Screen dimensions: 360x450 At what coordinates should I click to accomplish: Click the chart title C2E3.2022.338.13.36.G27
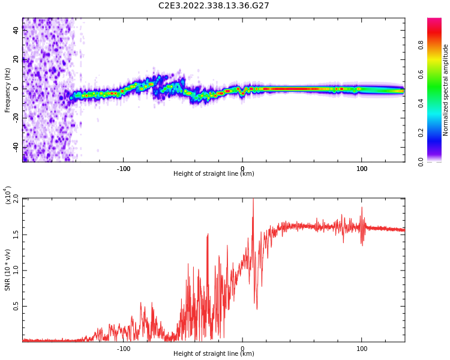(214, 5)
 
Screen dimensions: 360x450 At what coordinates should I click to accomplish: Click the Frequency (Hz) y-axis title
(8, 90)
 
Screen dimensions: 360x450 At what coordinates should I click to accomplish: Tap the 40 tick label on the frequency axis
(16, 30)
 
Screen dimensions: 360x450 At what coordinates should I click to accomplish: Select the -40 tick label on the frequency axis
(16, 147)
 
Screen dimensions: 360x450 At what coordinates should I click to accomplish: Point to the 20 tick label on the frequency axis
(16, 59)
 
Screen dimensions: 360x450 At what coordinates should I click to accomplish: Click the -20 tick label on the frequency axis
(16, 118)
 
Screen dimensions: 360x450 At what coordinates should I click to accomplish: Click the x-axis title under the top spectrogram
(214, 174)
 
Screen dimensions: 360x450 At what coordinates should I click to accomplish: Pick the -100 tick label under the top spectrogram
(123, 169)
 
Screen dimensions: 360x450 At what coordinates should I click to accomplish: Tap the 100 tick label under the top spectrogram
(362, 169)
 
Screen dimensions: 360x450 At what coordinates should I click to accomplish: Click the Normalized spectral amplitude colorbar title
(446, 90)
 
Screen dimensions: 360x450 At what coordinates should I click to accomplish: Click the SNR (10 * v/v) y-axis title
(8, 270)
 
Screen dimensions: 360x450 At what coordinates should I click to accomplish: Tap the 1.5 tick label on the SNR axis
(16, 234)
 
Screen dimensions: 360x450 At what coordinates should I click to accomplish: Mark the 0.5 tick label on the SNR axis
(16, 306)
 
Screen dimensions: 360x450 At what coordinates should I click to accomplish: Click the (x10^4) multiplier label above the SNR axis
(9, 195)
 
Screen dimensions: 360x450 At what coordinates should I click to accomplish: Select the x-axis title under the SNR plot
(214, 354)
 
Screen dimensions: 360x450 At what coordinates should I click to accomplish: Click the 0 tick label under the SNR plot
(242, 349)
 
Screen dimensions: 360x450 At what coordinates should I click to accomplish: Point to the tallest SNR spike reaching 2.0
(253, 200)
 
